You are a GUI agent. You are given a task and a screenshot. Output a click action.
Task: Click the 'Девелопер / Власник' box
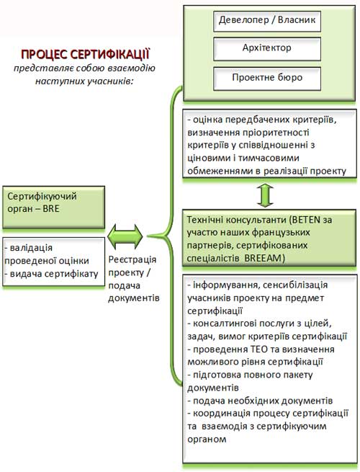click(267, 22)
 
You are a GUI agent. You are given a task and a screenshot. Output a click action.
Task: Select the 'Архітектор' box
click(267, 49)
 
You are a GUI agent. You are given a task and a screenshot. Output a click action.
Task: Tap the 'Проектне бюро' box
click(267, 79)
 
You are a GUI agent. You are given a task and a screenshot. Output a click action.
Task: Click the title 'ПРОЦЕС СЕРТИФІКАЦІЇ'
click(86, 55)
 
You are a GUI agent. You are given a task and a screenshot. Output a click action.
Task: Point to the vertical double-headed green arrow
click(265, 195)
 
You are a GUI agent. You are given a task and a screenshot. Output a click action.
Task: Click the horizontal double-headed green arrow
click(125, 236)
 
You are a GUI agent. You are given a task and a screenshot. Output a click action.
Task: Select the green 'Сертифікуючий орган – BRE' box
click(54, 207)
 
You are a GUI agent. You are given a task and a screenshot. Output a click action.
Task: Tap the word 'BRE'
click(51, 209)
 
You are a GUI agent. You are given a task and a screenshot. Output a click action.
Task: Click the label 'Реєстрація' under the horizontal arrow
click(132, 259)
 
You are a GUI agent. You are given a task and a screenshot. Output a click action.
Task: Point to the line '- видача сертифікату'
click(51, 274)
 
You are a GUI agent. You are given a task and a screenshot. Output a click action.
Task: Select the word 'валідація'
click(31, 248)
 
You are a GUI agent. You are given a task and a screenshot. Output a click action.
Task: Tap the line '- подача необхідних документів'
click(260, 401)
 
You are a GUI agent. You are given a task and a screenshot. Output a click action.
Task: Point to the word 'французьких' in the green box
click(281, 233)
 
